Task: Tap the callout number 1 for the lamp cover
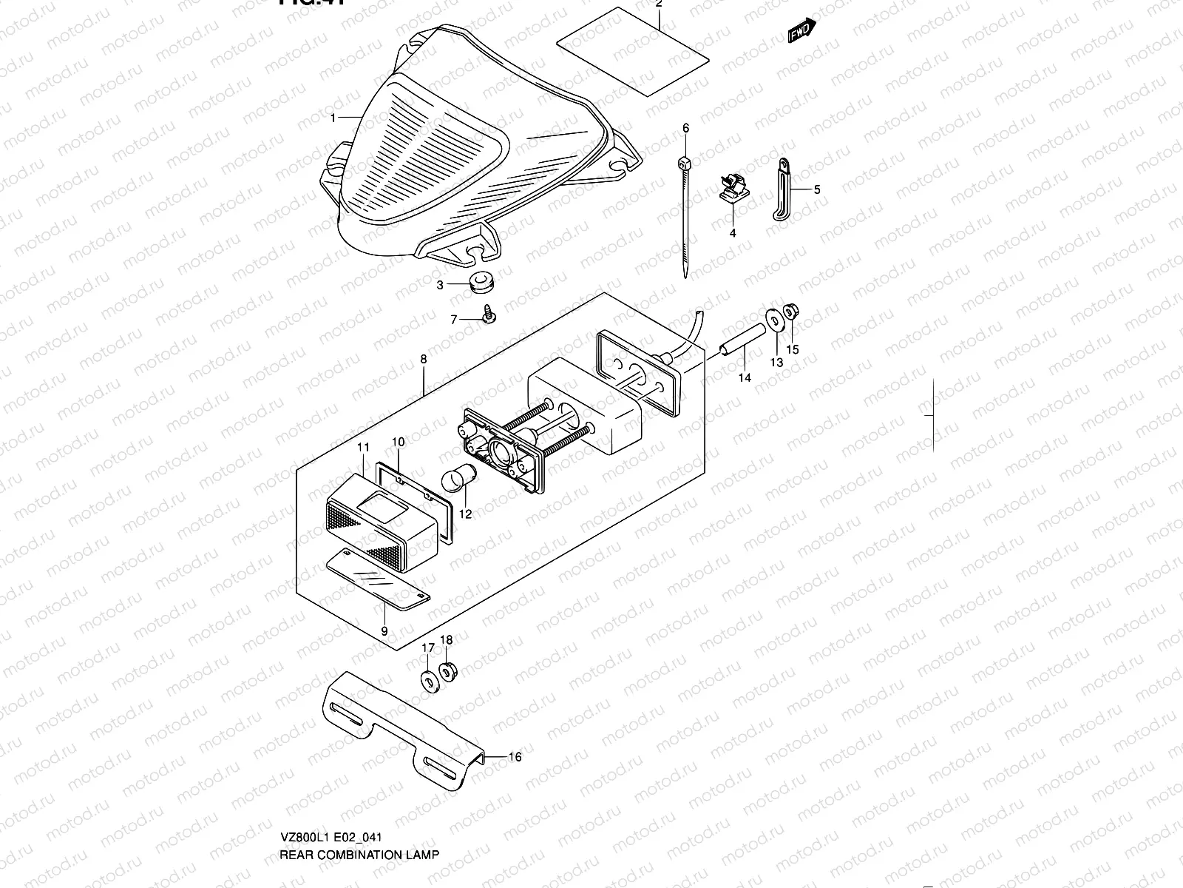tap(333, 118)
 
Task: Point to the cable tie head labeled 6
tap(685, 163)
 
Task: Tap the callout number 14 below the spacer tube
tap(745, 377)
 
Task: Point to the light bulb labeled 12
tap(452, 481)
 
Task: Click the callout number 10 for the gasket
tap(398, 443)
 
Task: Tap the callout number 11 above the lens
tap(363, 447)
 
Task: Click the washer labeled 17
tap(430, 680)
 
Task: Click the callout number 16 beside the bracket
tap(515, 757)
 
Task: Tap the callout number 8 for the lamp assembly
tap(423, 360)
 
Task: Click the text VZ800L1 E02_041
tap(331, 838)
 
